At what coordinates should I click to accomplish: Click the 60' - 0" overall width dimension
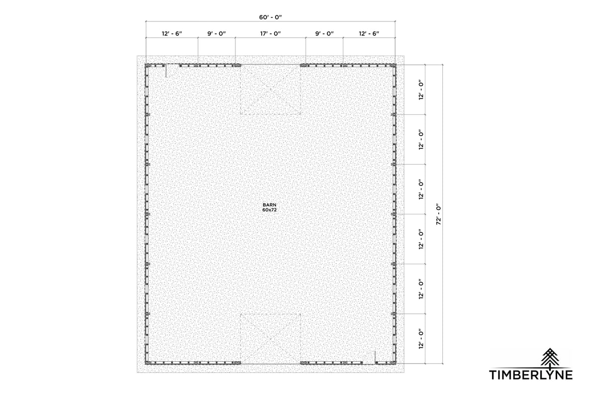[x=270, y=17]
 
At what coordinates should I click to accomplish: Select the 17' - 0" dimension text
[x=270, y=34]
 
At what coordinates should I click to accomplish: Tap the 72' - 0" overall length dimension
[x=438, y=214]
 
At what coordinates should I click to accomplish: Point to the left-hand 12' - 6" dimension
[x=172, y=34]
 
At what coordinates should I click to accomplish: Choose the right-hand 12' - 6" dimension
[x=369, y=34]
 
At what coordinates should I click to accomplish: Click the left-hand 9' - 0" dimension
[x=216, y=34]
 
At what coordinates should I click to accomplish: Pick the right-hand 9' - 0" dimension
[x=324, y=34]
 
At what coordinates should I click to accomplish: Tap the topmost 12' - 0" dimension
[x=421, y=90]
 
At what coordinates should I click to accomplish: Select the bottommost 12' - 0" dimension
[x=421, y=338]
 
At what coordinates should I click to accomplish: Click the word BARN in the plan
[x=270, y=204]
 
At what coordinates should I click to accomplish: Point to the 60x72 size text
[x=270, y=210]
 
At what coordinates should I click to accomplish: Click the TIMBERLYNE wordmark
[x=531, y=375]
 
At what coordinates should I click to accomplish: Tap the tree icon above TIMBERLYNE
[x=549, y=357]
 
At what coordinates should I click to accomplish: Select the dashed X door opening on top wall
[x=271, y=90]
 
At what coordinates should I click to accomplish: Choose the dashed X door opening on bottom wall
[x=271, y=338]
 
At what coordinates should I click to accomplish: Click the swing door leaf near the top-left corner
[x=166, y=71]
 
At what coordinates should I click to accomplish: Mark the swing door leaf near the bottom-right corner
[x=374, y=357]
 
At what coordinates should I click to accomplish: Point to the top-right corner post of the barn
[x=395, y=65]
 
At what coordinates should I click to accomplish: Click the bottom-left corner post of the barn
[x=146, y=363]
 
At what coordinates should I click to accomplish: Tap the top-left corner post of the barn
[x=146, y=65]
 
